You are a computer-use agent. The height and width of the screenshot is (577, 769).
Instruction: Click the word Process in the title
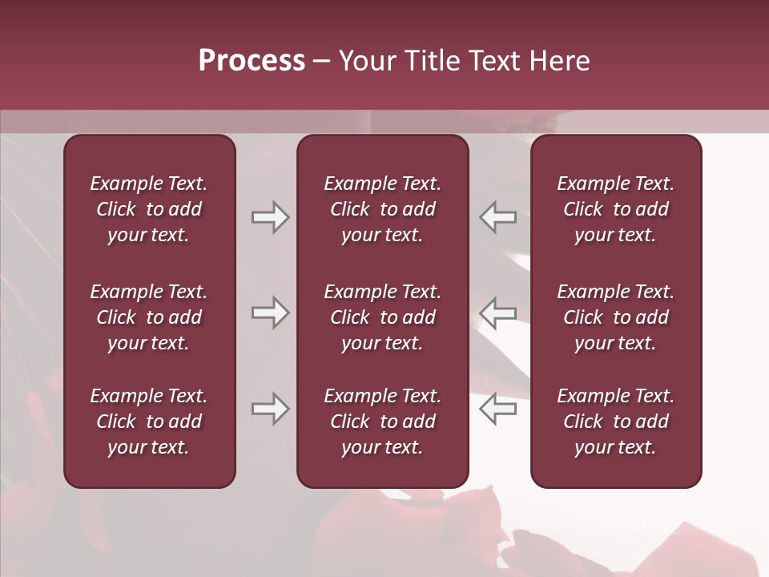pos(252,62)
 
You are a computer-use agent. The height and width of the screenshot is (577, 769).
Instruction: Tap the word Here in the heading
pos(558,62)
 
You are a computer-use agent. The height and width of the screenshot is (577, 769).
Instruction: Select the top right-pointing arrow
pos(270,217)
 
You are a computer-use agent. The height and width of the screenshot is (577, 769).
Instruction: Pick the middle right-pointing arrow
pos(270,313)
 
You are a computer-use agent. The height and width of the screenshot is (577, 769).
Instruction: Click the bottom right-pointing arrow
pos(270,409)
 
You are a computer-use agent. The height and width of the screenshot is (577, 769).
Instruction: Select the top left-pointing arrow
pos(498,217)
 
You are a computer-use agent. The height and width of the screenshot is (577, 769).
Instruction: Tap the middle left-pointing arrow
pos(498,313)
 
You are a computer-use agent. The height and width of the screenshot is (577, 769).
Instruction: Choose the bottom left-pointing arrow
pos(498,409)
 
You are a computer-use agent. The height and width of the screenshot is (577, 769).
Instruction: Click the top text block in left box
pos(149,209)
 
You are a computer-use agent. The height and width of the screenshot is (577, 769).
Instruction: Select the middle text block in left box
pos(149,317)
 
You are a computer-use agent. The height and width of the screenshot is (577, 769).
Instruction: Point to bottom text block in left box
pos(149,422)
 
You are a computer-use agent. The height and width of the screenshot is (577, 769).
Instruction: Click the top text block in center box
pos(383,209)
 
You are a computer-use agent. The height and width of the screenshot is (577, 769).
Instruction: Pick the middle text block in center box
pos(383,317)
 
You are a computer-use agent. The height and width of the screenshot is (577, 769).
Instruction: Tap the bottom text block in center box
pos(383,422)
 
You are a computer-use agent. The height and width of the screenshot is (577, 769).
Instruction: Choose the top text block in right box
pos(616,209)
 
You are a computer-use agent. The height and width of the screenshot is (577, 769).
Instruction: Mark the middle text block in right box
pos(616,317)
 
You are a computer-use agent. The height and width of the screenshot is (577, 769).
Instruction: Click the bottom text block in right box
pos(616,422)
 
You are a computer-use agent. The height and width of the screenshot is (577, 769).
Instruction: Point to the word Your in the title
pos(368,62)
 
